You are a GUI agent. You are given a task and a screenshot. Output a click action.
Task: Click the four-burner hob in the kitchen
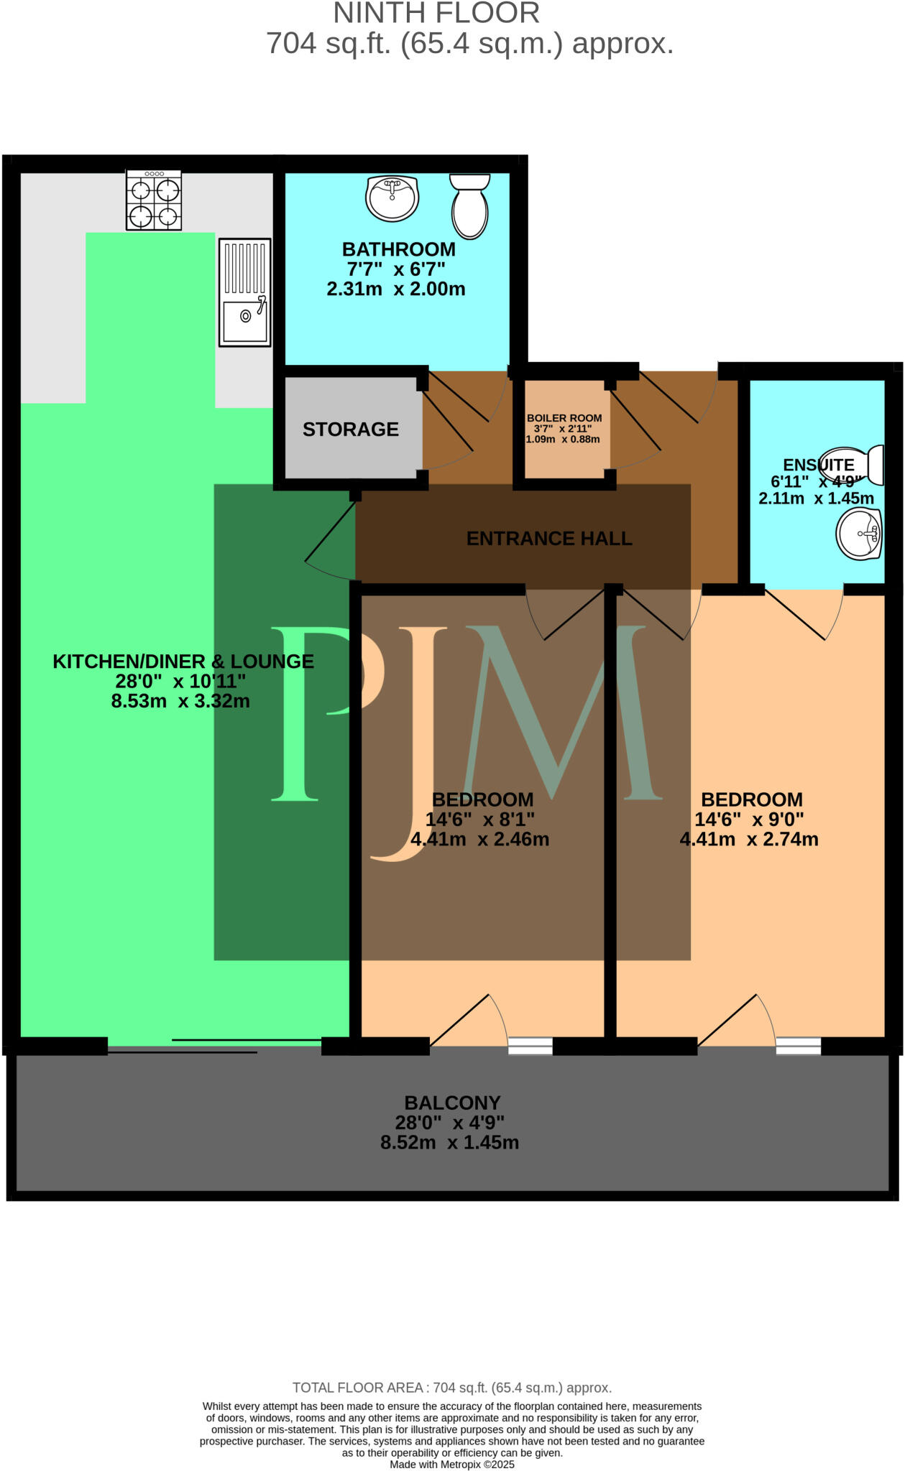[153, 200]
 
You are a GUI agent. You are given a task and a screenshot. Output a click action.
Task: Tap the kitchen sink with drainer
[244, 292]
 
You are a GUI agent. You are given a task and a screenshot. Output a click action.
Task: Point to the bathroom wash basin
[392, 198]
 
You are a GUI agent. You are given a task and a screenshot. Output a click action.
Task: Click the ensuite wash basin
[860, 534]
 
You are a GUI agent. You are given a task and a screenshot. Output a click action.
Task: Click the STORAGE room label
[350, 430]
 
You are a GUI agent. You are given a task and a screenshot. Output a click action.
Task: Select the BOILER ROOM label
[564, 418]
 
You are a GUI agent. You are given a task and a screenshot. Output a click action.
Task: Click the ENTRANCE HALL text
[549, 539]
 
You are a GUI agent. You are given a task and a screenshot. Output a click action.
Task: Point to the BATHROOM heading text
[398, 249]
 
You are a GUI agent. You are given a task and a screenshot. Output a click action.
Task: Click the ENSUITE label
[818, 465]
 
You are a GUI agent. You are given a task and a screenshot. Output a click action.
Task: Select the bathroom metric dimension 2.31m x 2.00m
[396, 289]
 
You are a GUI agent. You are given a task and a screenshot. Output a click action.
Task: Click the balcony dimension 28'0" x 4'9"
[449, 1123]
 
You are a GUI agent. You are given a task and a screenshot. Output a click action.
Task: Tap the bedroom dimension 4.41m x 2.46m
[479, 839]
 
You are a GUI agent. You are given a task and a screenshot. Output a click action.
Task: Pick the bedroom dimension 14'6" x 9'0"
[749, 819]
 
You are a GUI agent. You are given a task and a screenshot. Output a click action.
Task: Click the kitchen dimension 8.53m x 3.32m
[180, 701]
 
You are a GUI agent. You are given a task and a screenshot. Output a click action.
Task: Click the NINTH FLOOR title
[436, 13]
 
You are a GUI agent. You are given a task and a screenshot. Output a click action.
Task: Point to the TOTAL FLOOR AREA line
[451, 1388]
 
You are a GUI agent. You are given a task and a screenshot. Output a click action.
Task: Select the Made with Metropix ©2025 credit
[452, 1465]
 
